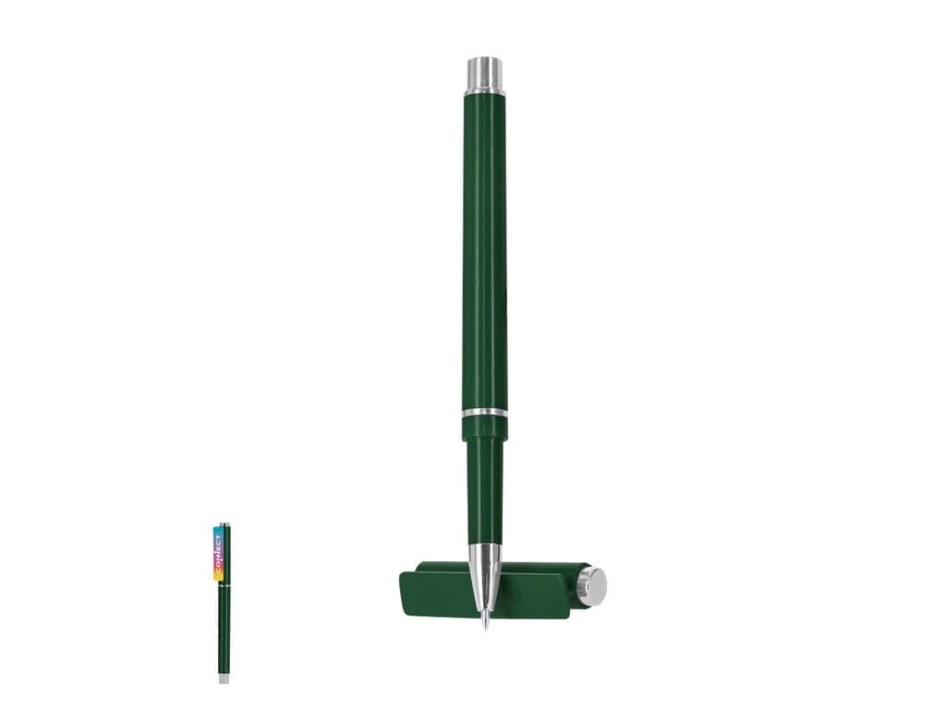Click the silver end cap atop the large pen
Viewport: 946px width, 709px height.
(486, 75)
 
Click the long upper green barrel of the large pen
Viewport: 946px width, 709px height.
(485, 251)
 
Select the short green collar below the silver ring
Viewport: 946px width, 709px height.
(485, 430)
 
